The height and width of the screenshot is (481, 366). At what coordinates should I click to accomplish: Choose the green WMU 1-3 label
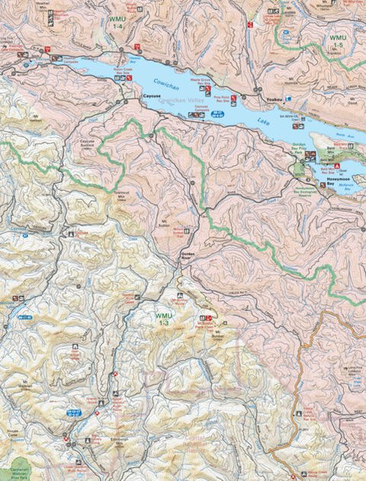pyautogui.click(x=162, y=319)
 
